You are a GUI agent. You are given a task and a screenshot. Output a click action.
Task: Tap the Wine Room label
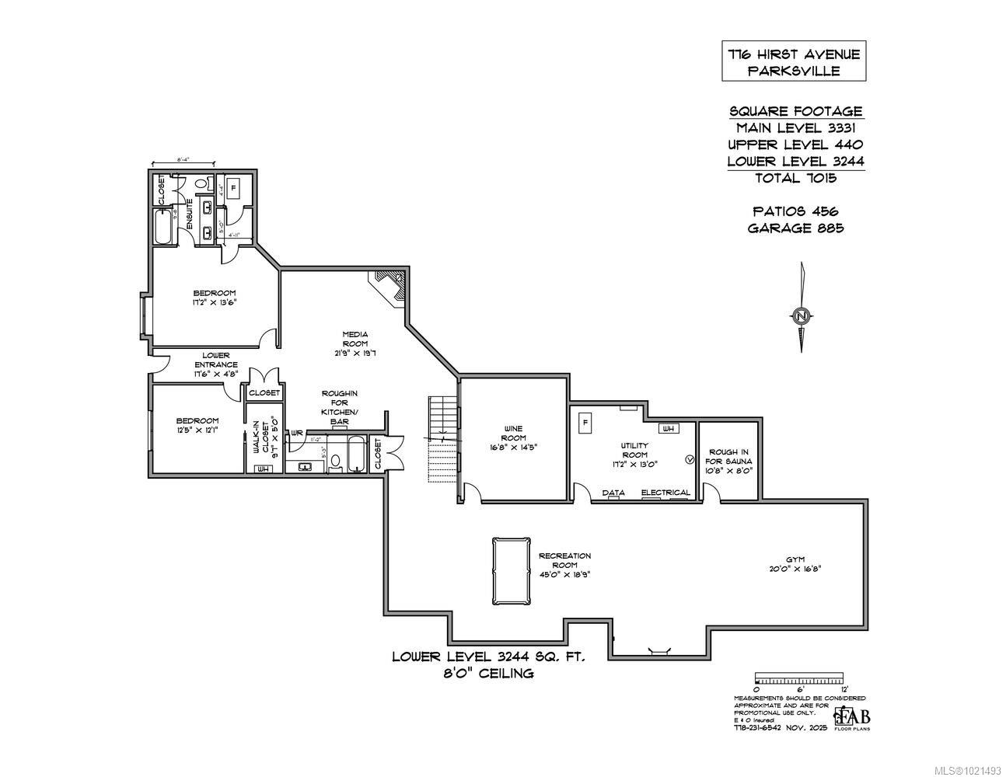[514, 437]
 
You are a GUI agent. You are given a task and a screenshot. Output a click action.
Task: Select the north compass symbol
[802, 315]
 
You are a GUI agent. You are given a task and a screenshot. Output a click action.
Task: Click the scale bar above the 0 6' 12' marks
[800, 678]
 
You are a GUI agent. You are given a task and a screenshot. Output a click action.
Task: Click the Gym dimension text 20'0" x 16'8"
[794, 569]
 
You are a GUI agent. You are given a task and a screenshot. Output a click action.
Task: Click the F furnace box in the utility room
[585, 423]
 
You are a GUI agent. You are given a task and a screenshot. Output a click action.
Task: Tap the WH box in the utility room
[669, 428]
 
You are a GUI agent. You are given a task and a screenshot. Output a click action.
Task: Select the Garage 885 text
[795, 228]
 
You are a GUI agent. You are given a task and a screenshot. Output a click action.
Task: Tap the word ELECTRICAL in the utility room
[665, 493]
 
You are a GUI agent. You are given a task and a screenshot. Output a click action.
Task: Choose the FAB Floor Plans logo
[852, 717]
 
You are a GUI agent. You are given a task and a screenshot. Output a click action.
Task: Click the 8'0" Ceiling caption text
[488, 674]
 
